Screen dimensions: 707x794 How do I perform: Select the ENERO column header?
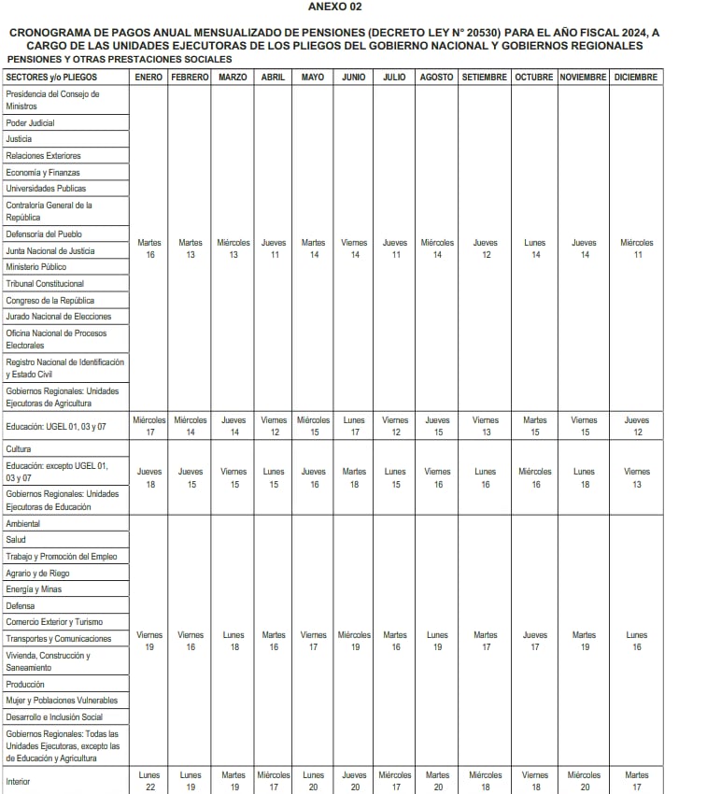pos(148,77)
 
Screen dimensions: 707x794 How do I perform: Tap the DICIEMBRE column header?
pos(636,77)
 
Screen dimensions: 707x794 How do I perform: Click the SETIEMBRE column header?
pos(485,77)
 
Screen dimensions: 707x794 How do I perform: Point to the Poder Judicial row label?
pos(30,122)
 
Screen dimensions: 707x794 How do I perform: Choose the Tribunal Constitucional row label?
pos(45,284)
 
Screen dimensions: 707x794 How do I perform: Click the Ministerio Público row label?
pos(35,267)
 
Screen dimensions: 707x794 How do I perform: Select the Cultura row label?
pos(19,449)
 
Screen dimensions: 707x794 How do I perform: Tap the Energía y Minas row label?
pos(34,589)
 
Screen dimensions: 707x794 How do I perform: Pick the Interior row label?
pos(18,781)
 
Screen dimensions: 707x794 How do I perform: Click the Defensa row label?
pos(20,605)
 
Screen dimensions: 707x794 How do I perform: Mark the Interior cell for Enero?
pos(148,781)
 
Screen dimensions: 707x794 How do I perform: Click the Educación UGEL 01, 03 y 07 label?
pos(56,426)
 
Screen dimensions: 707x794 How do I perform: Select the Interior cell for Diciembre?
pos(636,781)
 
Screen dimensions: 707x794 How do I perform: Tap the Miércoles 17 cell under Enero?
pos(148,426)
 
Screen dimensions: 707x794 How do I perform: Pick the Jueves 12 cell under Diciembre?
pos(636,426)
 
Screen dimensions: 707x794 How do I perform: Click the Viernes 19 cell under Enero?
pos(148,641)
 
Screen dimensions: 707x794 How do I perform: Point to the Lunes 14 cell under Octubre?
pos(534,248)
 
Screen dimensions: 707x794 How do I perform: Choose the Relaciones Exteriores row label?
pos(43,156)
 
